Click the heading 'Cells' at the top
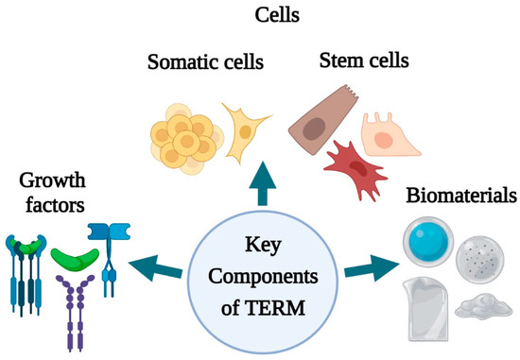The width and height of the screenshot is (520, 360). click(260, 16)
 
